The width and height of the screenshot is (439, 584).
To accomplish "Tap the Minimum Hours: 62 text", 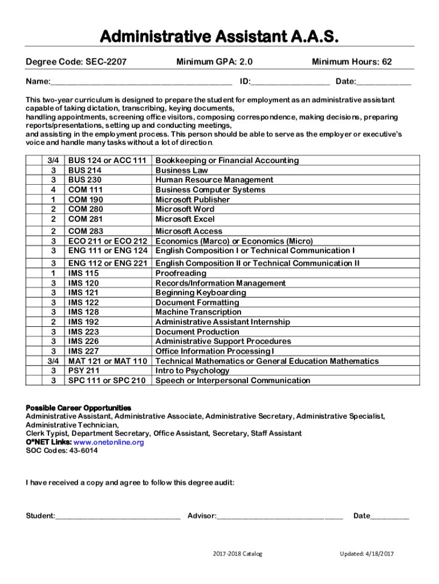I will point(352,62).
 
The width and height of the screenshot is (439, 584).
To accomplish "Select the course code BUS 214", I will point(85,171).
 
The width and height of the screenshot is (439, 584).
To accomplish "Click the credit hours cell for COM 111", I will point(53,190).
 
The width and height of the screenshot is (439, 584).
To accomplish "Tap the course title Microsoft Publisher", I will point(193,200).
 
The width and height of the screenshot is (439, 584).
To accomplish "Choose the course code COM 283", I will point(86,231).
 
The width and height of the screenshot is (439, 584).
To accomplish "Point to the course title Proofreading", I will point(181,273).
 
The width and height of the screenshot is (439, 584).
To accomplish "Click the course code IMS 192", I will point(84,322).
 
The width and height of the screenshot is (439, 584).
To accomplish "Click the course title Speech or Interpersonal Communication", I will point(233,380).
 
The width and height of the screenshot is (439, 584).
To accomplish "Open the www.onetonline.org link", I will point(108,442).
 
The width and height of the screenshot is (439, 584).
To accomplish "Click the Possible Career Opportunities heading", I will point(79,408).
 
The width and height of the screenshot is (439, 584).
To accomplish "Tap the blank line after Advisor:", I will point(280,516).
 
